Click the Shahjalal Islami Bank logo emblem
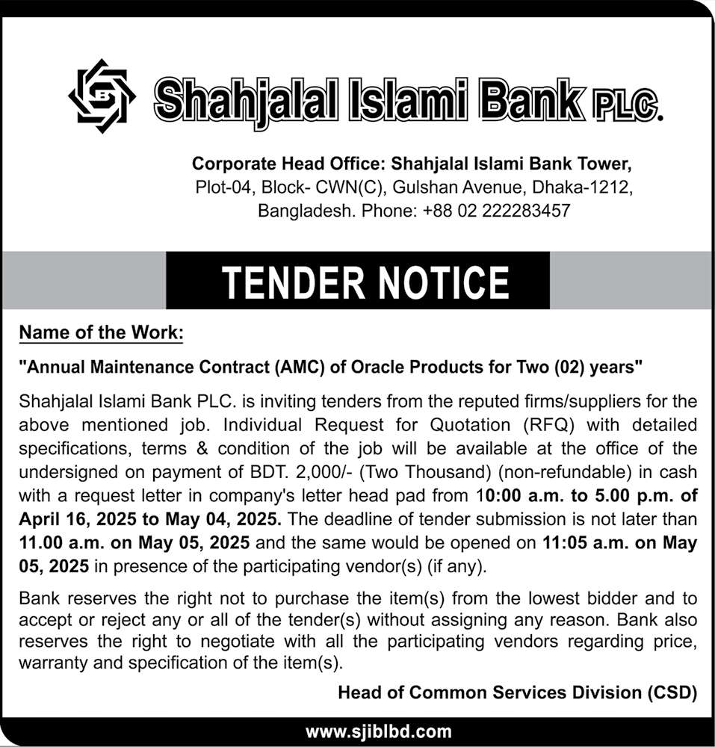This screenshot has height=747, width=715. [99, 96]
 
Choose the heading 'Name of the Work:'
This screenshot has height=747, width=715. [101, 332]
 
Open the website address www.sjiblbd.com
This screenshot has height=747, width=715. [379, 731]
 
